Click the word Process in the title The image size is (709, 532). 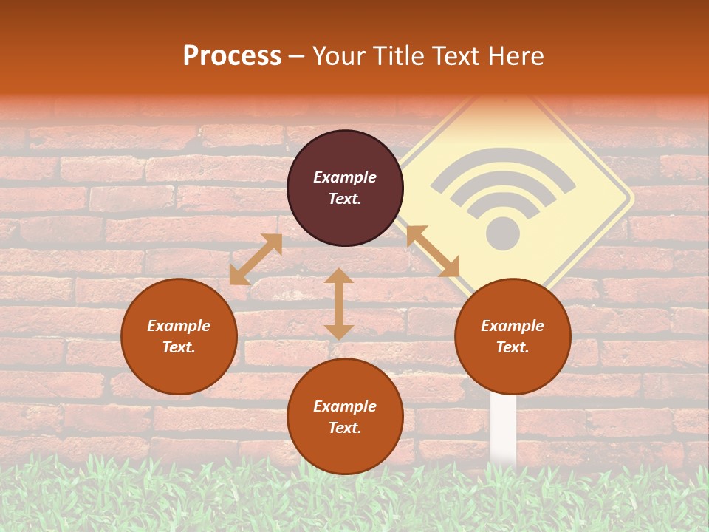pyautogui.click(x=232, y=55)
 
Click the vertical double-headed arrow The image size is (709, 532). pyautogui.click(x=339, y=304)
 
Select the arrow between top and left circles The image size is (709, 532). pyautogui.click(x=256, y=259)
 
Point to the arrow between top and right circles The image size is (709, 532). pyautogui.click(x=434, y=251)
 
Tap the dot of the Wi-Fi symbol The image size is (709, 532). pyautogui.click(x=503, y=233)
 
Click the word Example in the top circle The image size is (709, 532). pyautogui.click(x=345, y=177)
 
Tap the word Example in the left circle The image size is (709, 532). pyautogui.click(x=179, y=326)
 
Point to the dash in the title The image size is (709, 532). pyautogui.click(x=296, y=56)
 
